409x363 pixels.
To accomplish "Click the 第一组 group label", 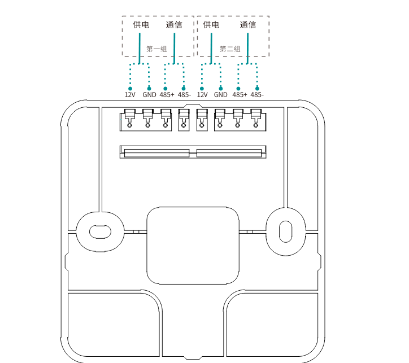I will pyautogui.click(x=156, y=49).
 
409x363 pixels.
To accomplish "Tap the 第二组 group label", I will pyautogui.click(x=230, y=49).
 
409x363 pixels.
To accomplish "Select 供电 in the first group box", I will pyautogui.click(x=141, y=25).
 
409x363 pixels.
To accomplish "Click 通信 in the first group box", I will pyautogui.click(x=174, y=25).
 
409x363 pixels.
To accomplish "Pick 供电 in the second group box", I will pyautogui.click(x=211, y=25).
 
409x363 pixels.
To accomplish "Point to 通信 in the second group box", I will pyautogui.click(x=248, y=25).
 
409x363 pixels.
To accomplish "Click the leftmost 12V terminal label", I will pyautogui.click(x=130, y=95).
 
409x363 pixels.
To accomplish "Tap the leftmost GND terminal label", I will pyautogui.click(x=149, y=95).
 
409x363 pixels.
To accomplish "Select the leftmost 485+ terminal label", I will pyautogui.click(x=167, y=95).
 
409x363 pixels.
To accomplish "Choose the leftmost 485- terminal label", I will pyautogui.click(x=184, y=95).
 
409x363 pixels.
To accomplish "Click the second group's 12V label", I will pyautogui.click(x=202, y=95).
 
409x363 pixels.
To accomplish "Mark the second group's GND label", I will pyautogui.click(x=221, y=95).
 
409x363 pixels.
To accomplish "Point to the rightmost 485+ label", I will pyautogui.click(x=240, y=95).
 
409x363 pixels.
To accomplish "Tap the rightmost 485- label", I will pyautogui.click(x=257, y=95).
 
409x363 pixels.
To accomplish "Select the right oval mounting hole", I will pyautogui.click(x=285, y=230).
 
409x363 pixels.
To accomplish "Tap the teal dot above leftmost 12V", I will pyautogui.click(x=130, y=88).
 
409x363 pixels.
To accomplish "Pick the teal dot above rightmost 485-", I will pyautogui.click(x=258, y=88).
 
